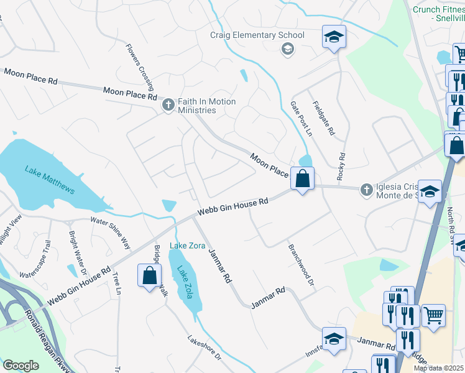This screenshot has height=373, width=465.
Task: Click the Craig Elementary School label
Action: [257, 35]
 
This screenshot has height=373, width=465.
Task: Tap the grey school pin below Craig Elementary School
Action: [287, 49]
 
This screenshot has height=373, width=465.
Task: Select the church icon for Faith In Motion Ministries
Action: [168, 106]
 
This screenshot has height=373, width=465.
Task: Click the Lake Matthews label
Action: [50, 180]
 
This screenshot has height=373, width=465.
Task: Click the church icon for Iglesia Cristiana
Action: [367, 188]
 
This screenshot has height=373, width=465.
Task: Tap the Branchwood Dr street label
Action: [300, 264]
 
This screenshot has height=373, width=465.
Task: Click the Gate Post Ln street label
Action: [301, 119]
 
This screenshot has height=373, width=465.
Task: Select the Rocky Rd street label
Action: [341, 167]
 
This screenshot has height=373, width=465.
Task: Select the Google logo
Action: [21, 366]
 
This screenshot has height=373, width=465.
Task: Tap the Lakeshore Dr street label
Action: [205, 348]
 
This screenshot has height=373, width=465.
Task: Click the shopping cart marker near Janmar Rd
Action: [433, 315]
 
